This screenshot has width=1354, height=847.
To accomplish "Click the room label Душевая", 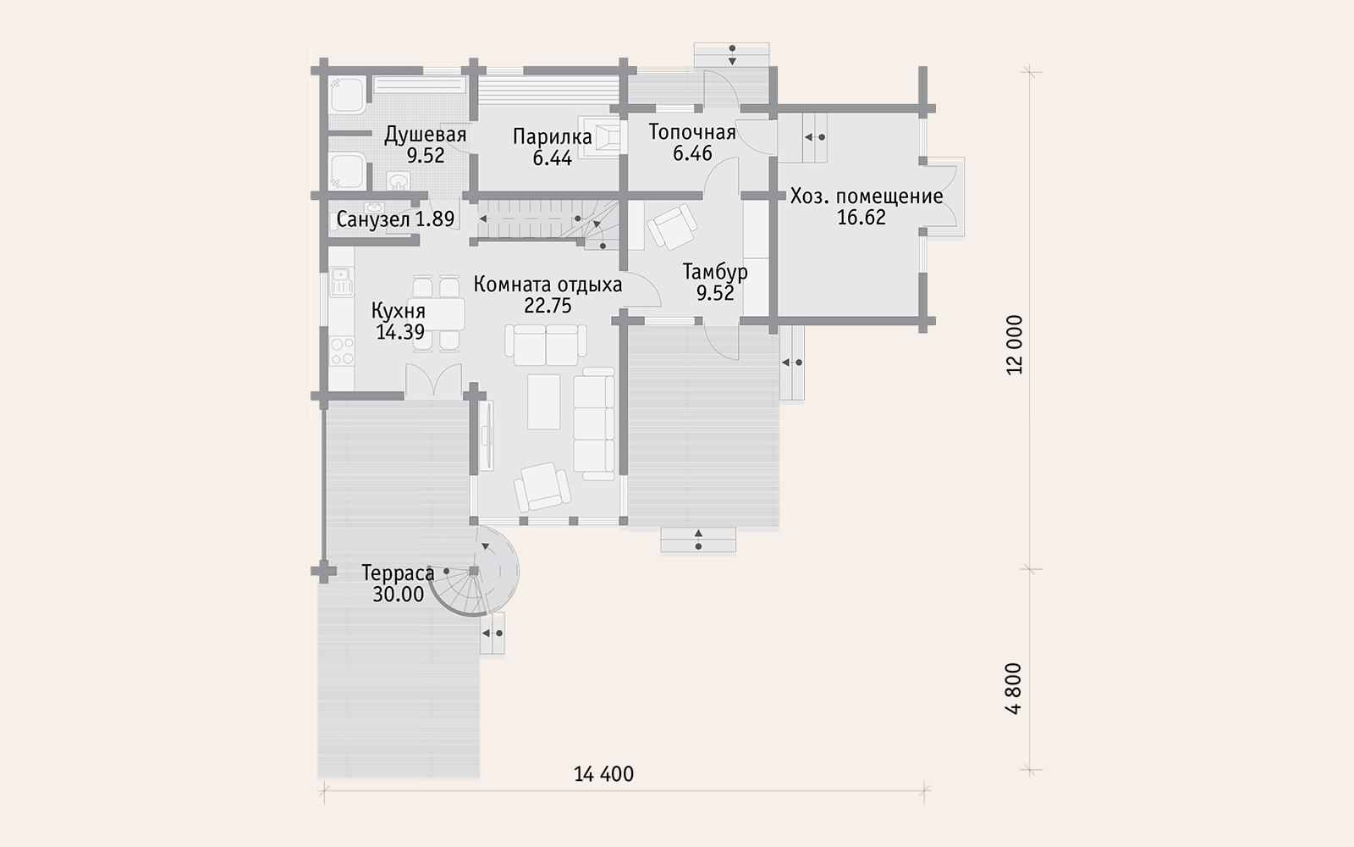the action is pyautogui.click(x=425, y=135).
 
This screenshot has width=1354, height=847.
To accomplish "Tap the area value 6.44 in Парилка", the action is pyautogui.click(x=552, y=158).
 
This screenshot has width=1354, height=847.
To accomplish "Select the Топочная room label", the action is pyautogui.click(x=692, y=132).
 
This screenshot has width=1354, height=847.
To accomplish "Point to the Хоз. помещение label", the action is pyautogui.click(x=867, y=196).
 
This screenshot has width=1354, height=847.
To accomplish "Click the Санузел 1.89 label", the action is pyautogui.click(x=395, y=219).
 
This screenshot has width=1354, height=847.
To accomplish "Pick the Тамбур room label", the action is pyautogui.click(x=715, y=272).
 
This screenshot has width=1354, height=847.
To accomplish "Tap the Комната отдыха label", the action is pyautogui.click(x=548, y=285).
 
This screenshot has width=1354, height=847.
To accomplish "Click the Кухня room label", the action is pyautogui.click(x=398, y=311).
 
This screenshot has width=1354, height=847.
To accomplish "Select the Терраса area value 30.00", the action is pyautogui.click(x=398, y=594).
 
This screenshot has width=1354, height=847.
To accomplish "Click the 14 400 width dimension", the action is pyautogui.click(x=603, y=774).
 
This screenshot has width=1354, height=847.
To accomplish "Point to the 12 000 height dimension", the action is pyautogui.click(x=1015, y=345).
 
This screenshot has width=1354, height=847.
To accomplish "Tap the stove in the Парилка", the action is pyautogui.click(x=601, y=136).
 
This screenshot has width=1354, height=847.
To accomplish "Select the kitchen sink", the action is pyautogui.click(x=342, y=282).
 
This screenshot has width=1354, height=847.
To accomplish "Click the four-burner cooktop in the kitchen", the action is pyautogui.click(x=342, y=352).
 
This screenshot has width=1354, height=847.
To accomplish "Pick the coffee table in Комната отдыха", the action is pyautogui.click(x=543, y=401).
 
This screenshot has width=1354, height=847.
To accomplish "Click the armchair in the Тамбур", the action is pyautogui.click(x=672, y=225).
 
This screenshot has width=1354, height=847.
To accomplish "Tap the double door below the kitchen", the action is pyautogui.click(x=433, y=380).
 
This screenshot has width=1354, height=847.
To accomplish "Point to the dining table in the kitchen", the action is pyautogui.click(x=436, y=314).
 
